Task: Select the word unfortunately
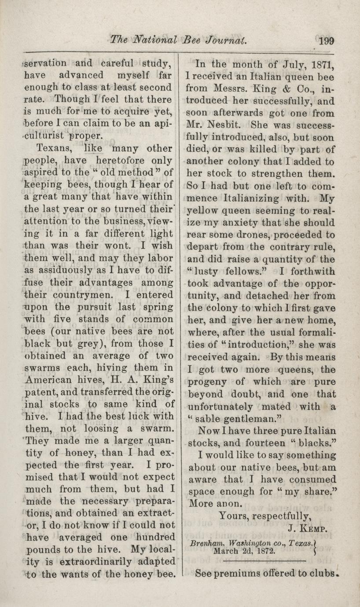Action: click(x=220, y=407)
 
